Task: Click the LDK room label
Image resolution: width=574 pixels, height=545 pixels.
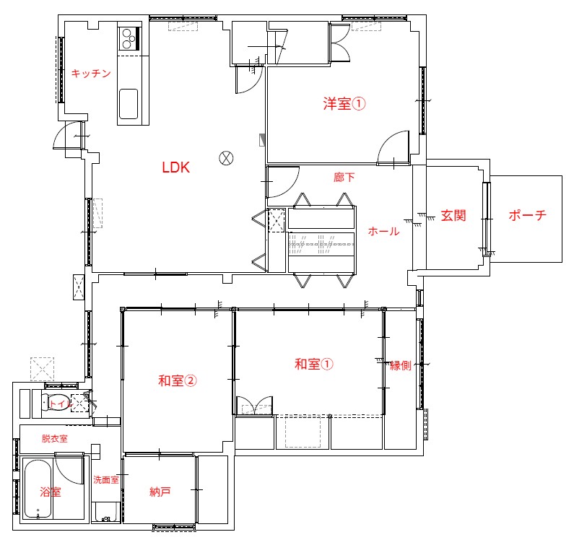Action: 175,167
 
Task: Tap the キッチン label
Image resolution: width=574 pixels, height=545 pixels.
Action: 91,73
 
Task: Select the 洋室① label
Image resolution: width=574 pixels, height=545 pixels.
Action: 344,103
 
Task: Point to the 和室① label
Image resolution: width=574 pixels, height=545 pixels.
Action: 314,364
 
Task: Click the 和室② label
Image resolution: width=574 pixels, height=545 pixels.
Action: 177,380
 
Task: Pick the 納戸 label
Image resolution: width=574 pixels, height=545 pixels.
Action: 160,492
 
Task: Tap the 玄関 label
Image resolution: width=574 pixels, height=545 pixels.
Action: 453,215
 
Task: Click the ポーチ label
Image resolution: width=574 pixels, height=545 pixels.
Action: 528,215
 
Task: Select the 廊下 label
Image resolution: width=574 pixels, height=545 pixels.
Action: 344,177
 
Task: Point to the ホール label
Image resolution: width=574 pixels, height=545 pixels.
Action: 383,231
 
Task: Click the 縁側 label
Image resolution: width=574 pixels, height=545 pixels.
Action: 401,365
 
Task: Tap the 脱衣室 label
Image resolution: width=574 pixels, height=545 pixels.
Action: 55,438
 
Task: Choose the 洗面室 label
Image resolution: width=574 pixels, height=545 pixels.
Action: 106,479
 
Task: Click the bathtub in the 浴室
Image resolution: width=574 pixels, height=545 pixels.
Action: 38,489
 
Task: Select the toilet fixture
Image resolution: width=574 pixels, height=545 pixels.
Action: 55,402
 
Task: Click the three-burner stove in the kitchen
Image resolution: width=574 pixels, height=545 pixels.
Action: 129,38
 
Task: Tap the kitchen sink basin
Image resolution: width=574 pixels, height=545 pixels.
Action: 129,104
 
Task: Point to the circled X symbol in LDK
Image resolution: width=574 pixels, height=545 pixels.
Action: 226,158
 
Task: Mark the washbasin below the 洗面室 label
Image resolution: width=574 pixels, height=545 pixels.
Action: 106,512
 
